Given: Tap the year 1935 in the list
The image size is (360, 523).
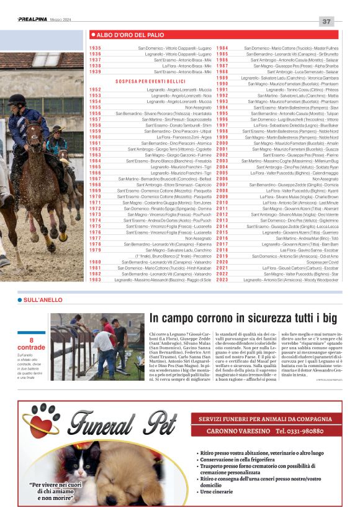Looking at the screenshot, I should (x=95, y=48).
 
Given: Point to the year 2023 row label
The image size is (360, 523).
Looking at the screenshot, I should (x=222, y=280).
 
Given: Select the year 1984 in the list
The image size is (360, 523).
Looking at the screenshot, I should (x=222, y=48).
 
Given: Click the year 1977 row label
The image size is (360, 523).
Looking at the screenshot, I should (x=95, y=238).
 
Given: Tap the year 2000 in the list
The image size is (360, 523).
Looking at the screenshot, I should (x=222, y=143).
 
